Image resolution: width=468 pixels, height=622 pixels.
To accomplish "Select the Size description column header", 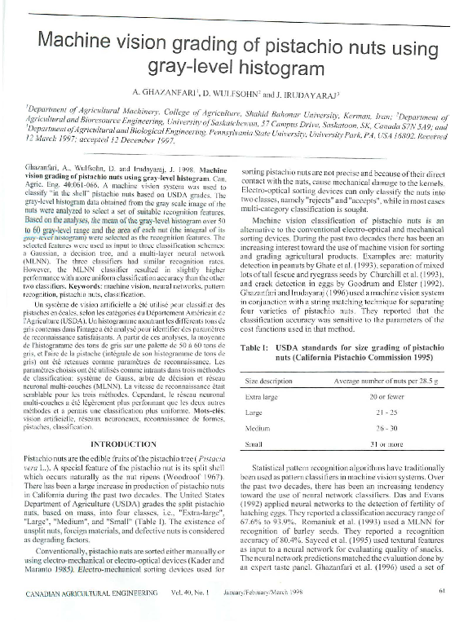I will click(x=272, y=381).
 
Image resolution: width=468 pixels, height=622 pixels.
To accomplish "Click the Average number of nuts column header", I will click(x=379, y=381).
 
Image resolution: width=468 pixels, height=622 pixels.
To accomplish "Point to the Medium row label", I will click(x=258, y=428).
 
